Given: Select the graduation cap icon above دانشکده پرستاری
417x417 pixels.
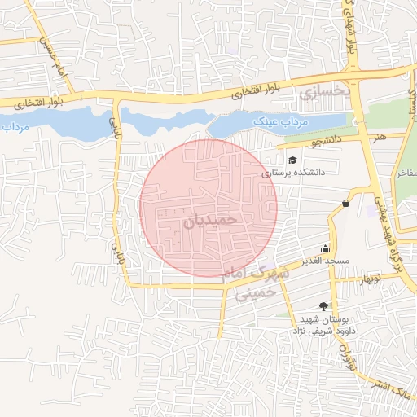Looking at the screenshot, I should pyautogui.click(x=292, y=159).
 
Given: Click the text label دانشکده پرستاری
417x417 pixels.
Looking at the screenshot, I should pyautogui.click(x=293, y=173).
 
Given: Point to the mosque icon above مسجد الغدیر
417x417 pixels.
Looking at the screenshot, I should pyautogui.click(x=326, y=248).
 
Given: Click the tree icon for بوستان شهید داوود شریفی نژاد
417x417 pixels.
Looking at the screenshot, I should pyautogui.click(x=325, y=306).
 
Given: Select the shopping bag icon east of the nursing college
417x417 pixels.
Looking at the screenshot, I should pyautogui.click(x=347, y=203).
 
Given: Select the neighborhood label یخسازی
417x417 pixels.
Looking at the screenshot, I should pyautogui.click(x=323, y=94).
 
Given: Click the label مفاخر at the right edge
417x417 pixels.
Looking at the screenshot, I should pyautogui.click(x=406, y=173).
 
